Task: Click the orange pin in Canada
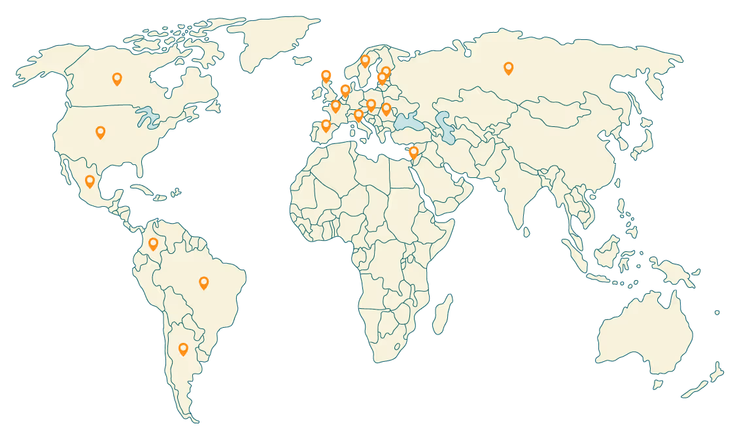click(x=117, y=79)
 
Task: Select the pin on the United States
click(x=100, y=132)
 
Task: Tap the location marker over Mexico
click(x=90, y=181)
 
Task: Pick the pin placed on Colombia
click(x=153, y=244)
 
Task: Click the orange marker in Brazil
click(x=203, y=283)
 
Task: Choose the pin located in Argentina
click(x=183, y=349)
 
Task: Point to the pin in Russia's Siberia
click(x=508, y=67)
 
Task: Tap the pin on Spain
click(x=326, y=125)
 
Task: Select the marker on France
click(x=335, y=105)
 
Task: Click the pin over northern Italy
click(x=358, y=115)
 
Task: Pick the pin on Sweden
click(x=365, y=61)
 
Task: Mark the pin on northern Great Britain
click(x=326, y=76)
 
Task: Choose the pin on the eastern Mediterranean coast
click(x=413, y=152)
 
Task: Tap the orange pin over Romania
click(x=386, y=108)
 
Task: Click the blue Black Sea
click(x=408, y=122)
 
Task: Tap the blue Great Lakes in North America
click(x=148, y=118)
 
